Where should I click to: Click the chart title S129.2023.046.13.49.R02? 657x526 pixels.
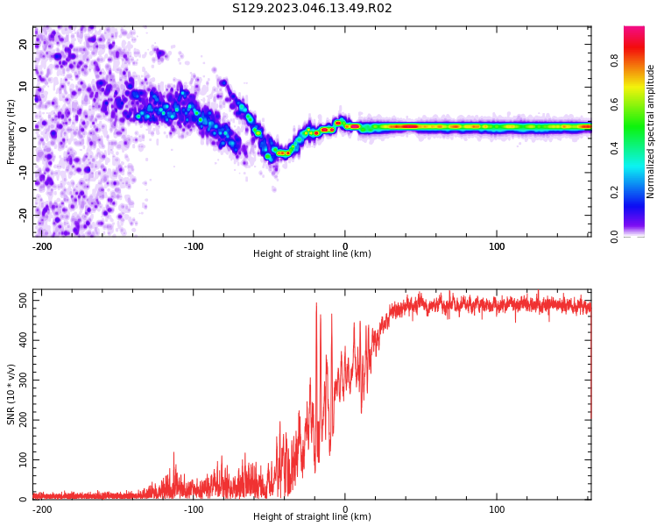(x=312, y=8)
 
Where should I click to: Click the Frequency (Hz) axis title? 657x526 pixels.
(x=11, y=131)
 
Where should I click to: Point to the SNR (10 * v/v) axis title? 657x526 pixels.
(x=11, y=394)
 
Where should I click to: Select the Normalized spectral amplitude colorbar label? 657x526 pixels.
(x=650, y=131)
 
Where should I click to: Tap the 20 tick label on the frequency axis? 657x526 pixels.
(x=24, y=44)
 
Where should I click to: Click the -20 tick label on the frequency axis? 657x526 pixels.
(x=24, y=216)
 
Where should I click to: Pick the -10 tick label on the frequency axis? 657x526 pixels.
(x=24, y=173)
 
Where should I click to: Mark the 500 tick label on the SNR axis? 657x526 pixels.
(x=24, y=301)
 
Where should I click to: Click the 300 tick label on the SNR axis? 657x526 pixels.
(x=24, y=380)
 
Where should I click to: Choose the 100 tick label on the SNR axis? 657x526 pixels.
(x=24, y=459)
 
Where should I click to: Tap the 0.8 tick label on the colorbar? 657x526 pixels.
(x=614, y=60)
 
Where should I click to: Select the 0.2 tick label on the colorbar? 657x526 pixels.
(x=614, y=193)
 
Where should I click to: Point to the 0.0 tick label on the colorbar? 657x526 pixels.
(x=614, y=237)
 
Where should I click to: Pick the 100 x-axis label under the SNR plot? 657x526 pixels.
(x=497, y=509)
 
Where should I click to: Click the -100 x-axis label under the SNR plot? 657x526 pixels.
(x=194, y=509)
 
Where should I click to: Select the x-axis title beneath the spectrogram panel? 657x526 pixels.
(x=312, y=253)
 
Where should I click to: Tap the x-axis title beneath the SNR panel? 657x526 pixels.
(x=312, y=516)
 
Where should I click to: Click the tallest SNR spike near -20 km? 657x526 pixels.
(x=316, y=303)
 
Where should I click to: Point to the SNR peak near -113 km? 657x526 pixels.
(x=174, y=453)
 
